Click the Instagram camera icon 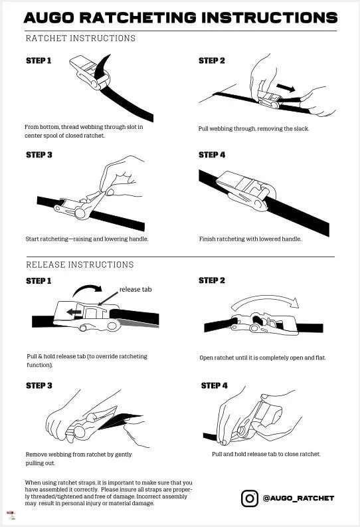[250, 498]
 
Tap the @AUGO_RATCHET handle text [298, 498]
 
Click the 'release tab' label [135, 289]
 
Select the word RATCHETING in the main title [138, 18]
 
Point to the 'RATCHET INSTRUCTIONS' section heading [80, 39]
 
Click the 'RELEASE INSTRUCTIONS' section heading [80, 264]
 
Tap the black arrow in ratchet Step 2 [286, 88]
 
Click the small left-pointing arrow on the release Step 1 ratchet [74, 312]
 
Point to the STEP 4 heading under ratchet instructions [212, 155]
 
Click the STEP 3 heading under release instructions [39, 385]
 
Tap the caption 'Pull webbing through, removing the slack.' [254, 129]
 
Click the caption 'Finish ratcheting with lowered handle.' [250, 239]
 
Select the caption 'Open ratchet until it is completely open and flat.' [262, 358]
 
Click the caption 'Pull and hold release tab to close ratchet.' [266, 454]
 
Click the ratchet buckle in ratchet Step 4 [246, 190]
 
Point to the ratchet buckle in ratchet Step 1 [90, 72]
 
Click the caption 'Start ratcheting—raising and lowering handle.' [87, 239]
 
